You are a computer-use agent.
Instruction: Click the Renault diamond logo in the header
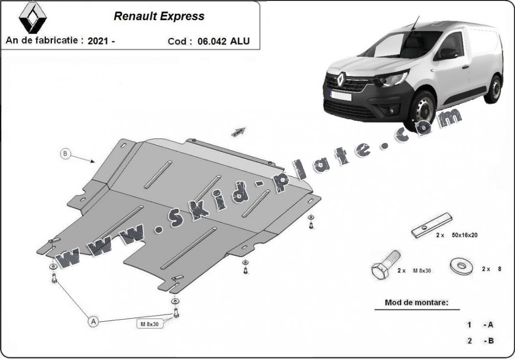click(x=33, y=18)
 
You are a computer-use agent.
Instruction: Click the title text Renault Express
click(x=159, y=16)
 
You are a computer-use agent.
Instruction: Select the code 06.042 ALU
click(x=223, y=41)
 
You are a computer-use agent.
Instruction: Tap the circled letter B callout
click(x=66, y=154)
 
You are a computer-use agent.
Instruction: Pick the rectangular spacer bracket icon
click(x=431, y=225)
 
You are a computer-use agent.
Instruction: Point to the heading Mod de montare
click(x=416, y=303)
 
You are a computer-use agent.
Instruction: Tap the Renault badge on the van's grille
click(x=341, y=79)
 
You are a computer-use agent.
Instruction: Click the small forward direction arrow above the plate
click(x=238, y=132)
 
